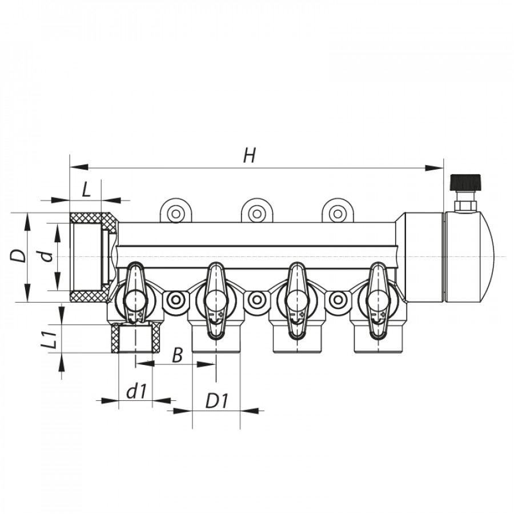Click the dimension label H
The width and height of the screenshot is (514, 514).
250,155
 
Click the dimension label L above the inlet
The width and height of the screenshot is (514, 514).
86,190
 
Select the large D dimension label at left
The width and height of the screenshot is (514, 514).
18,256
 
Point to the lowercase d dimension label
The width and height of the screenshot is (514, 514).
48,256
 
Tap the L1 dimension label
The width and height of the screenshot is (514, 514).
49,339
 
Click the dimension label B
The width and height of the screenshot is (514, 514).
177,355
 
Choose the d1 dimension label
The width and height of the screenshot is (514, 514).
136,391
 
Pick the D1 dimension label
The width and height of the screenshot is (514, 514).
216,400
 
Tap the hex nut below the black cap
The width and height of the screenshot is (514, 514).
465,206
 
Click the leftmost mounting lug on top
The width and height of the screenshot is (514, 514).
176,211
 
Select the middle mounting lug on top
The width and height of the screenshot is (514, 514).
257,211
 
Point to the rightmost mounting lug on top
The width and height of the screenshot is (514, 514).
338,211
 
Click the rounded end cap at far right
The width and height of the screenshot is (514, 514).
469,257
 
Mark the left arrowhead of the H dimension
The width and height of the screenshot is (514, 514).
79,167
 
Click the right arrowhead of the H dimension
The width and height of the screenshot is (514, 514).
434,168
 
